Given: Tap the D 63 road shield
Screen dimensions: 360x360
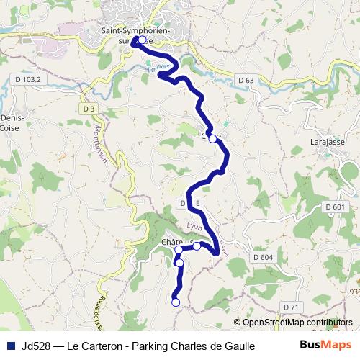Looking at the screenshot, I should coord(246,81).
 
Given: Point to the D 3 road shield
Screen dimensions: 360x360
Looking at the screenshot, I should coord(89,109).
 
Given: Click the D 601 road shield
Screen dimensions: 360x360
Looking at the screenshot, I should coord(335,207).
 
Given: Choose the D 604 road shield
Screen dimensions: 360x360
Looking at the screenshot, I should coord(264,257).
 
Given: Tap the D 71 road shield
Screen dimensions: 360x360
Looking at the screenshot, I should coord(291,307).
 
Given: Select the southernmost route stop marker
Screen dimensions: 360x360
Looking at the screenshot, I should coord(175,302).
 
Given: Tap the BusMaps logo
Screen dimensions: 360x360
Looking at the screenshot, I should coord(320,345).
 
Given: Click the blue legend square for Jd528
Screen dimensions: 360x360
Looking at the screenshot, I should coord(10,346).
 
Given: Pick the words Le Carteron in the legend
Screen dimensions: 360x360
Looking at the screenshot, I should coord(94,346).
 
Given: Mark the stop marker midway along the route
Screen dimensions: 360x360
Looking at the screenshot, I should coord(212,140).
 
